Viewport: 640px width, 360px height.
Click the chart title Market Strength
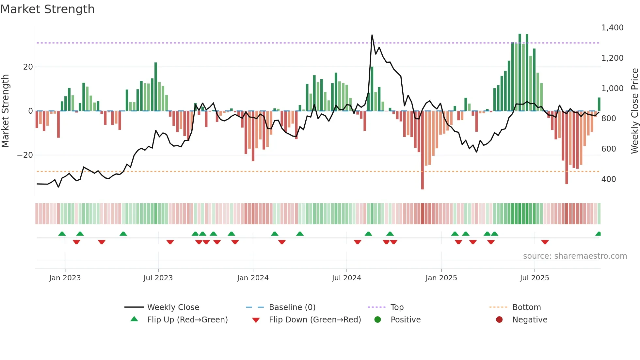(x=47, y=9)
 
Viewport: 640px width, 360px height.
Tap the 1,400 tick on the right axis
(x=612, y=28)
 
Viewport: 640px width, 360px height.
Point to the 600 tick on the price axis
(x=608, y=149)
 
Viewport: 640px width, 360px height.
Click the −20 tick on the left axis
(x=25, y=155)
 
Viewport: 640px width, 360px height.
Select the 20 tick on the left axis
(x=28, y=67)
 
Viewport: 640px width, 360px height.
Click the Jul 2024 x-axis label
(x=346, y=278)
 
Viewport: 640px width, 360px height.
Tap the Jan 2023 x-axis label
(x=65, y=278)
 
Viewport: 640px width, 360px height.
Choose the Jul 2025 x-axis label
(x=535, y=278)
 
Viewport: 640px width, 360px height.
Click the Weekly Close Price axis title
(x=634, y=111)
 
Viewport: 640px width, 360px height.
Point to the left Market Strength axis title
(x=6, y=111)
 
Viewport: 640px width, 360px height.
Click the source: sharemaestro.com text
(x=575, y=256)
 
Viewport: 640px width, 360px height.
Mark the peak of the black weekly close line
(x=372, y=35)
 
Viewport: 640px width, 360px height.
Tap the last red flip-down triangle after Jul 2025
(x=545, y=242)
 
